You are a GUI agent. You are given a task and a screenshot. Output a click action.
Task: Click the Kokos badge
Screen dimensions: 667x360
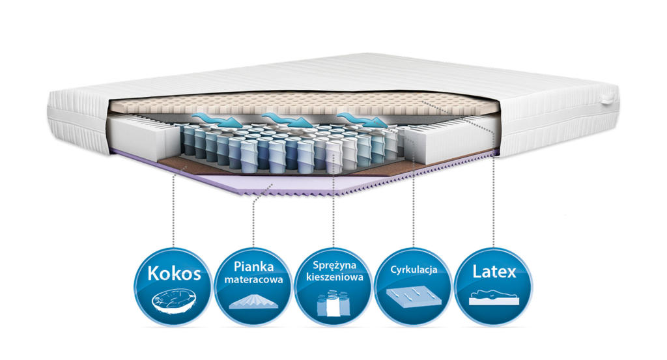coord(173,286)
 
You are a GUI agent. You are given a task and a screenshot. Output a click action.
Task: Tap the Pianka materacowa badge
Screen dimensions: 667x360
coord(253,286)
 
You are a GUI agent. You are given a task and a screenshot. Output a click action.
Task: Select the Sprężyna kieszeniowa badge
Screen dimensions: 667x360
coord(333,286)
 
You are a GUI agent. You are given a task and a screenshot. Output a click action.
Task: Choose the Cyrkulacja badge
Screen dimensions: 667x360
coord(414,286)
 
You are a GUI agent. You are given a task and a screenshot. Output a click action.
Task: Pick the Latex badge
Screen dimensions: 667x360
coord(494,286)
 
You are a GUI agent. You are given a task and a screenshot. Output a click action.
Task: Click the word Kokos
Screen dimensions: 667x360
coord(174,273)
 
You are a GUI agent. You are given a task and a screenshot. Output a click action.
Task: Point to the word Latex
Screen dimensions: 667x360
coord(494,271)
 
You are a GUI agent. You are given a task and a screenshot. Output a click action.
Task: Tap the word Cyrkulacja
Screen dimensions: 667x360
coord(414,270)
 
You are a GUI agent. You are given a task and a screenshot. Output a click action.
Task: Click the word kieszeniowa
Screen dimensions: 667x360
coord(334,277)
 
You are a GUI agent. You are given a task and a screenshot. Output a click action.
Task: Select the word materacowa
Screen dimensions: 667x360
coord(253,280)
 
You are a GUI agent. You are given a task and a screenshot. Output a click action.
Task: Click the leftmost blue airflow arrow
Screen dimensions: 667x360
coord(215,120)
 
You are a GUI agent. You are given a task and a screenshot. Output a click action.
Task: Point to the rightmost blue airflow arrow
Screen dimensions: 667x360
coord(362,120)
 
